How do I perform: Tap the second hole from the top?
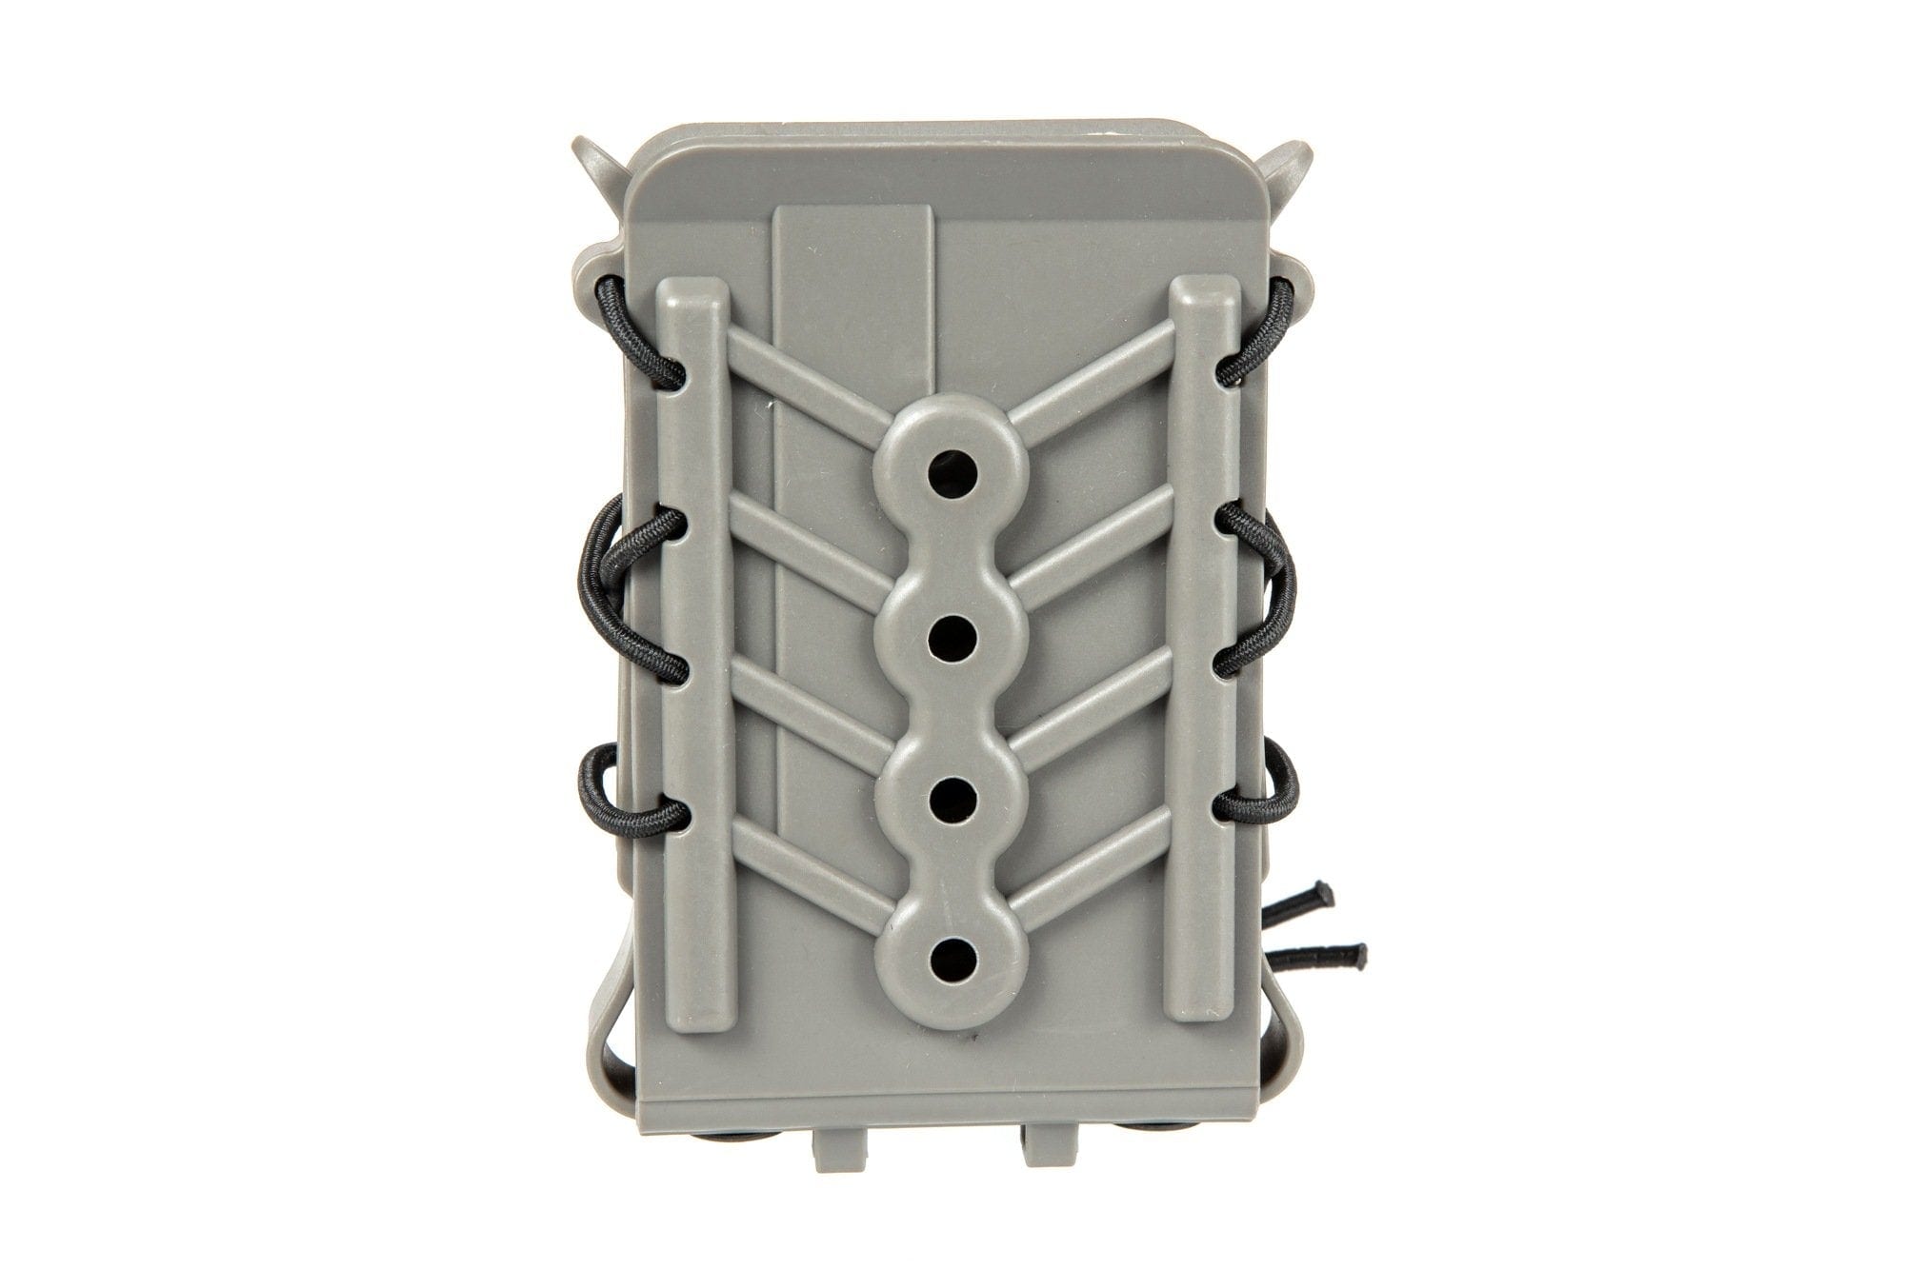[x=949, y=630]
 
